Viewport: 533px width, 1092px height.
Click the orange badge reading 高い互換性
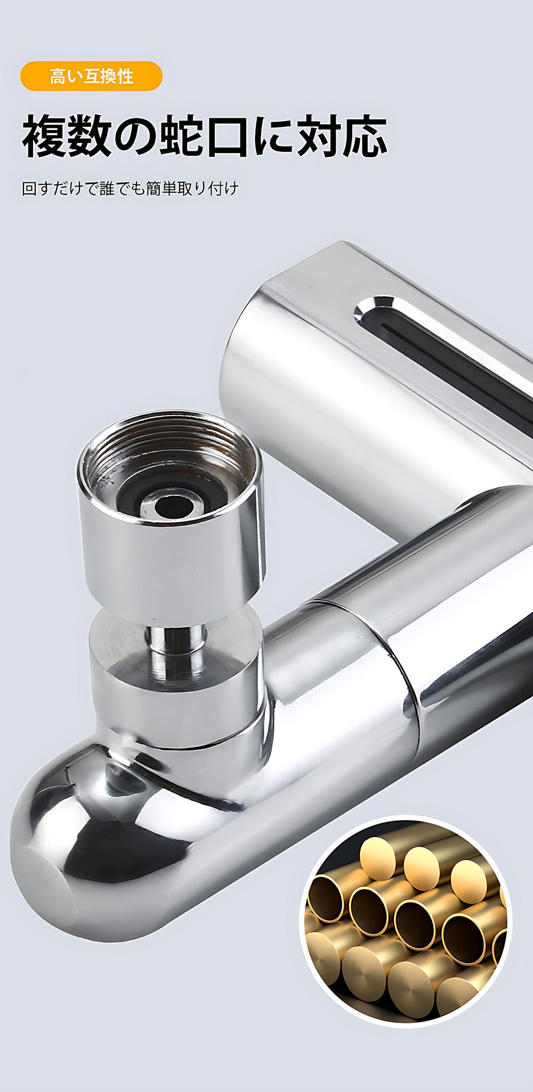[91, 76]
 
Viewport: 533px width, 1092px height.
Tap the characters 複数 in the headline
[61, 137]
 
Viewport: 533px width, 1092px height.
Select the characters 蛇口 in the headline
[207, 137]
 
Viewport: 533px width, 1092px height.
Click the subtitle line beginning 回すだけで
[131, 189]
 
